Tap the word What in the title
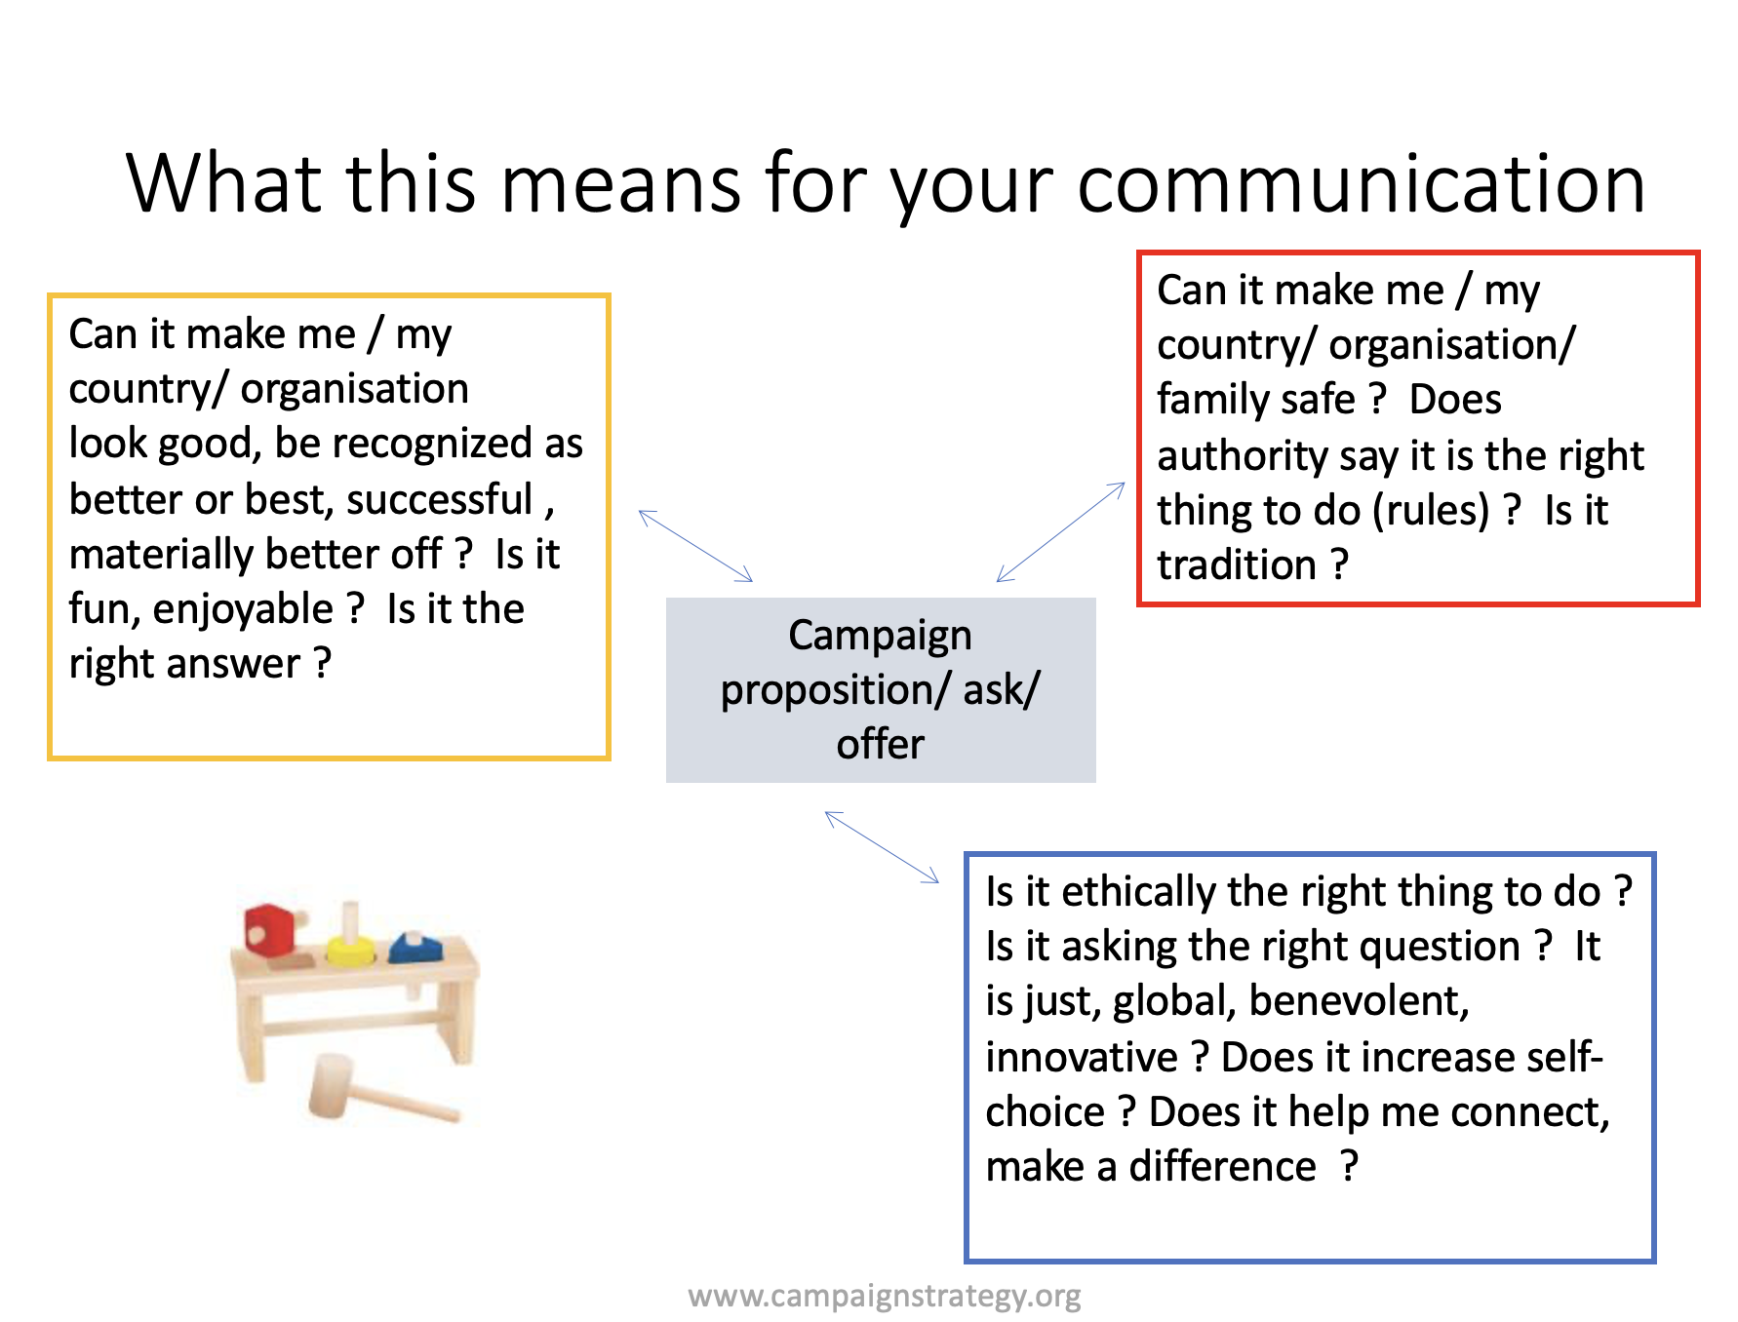coord(224,182)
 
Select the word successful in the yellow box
coord(439,499)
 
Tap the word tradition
coord(1237,564)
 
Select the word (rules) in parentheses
coord(1431,511)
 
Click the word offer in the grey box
coord(880,744)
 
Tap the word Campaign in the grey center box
coord(880,636)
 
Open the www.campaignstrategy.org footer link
coord(885,1296)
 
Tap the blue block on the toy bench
coord(416,947)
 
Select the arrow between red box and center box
coord(1060,532)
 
